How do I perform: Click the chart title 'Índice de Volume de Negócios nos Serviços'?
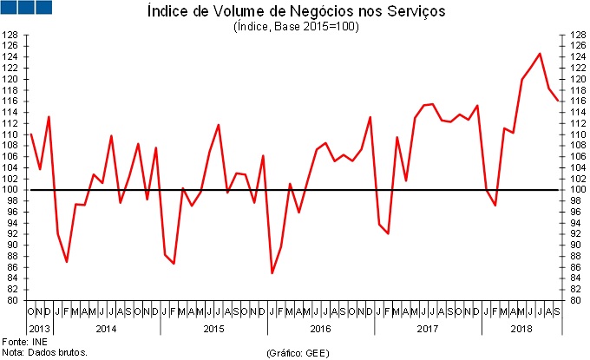coord(296,12)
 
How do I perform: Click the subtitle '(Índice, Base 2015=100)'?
coord(296,27)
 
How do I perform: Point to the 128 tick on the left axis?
coord(11,36)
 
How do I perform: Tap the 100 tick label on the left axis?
coord(11,190)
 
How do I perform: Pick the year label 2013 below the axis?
coord(40,329)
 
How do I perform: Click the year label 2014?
coord(106,329)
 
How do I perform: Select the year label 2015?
coord(213,329)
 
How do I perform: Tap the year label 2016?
coord(320,329)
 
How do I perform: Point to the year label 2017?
coord(428,329)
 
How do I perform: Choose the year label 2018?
coord(521,329)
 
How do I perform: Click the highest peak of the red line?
coord(541,54)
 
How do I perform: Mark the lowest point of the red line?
coord(272,273)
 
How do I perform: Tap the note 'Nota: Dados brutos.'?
coord(45,353)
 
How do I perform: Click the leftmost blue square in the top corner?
coord(10,7)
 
